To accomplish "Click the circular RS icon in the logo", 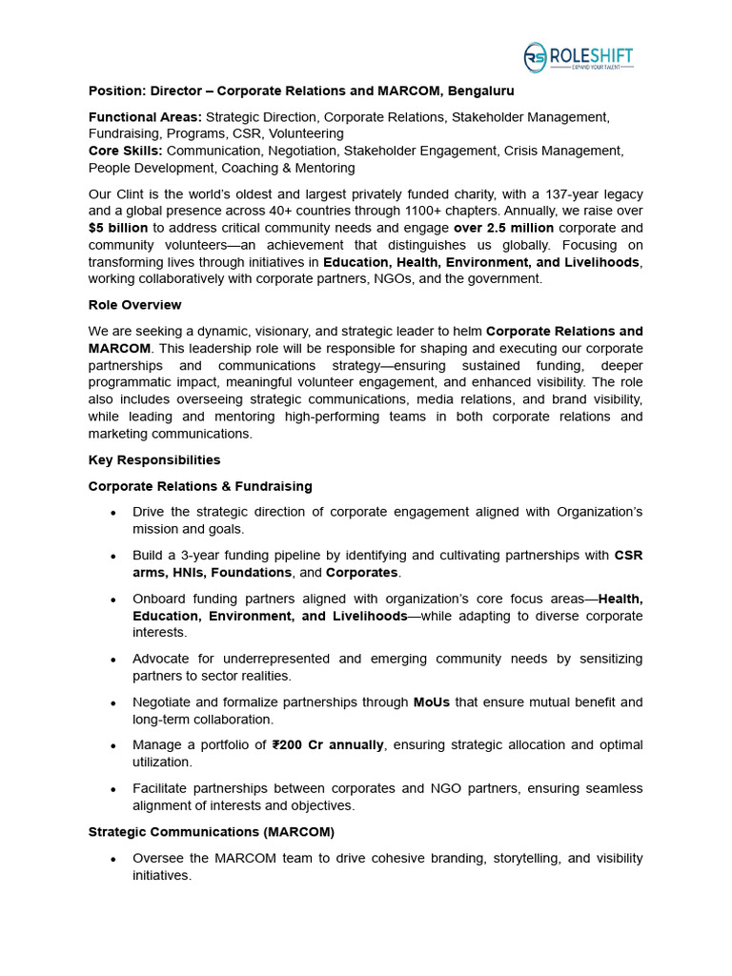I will click(536, 58).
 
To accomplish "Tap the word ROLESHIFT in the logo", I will click(590, 55).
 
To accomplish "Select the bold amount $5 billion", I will click(118, 228).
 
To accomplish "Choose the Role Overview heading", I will click(134, 305).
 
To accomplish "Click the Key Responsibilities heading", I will click(154, 459).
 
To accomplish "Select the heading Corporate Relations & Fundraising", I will click(200, 486).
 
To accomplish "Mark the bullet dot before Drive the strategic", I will click(113, 513).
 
